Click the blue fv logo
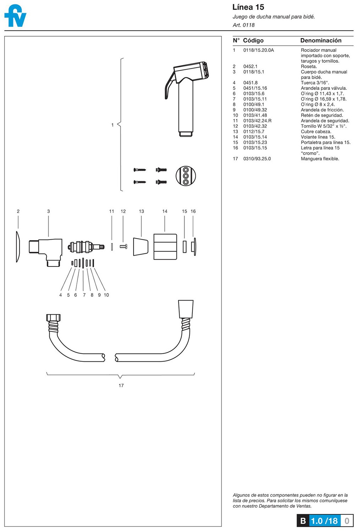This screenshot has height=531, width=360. [x=15, y=16]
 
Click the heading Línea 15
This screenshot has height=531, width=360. [x=248, y=7]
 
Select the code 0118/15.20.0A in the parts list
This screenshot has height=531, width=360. [x=258, y=50]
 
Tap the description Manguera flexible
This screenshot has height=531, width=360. [x=320, y=159]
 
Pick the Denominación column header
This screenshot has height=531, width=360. [x=321, y=40]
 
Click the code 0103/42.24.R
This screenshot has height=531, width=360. [x=257, y=121]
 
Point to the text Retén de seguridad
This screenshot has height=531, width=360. [x=322, y=115]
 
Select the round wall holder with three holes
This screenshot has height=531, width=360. [x=186, y=176]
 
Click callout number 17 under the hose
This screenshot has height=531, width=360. [x=121, y=386]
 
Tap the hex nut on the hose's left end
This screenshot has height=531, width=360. [x=53, y=318]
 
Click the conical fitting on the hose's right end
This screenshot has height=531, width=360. [x=186, y=309]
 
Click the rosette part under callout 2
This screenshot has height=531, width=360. [x=18, y=247]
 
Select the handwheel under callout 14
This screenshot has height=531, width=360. [x=165, y=247]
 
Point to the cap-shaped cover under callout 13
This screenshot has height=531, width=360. [x=140, y=247]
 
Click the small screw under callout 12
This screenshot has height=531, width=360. [x=123, y=246]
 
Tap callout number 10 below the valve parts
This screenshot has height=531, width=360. [x=106, y=295]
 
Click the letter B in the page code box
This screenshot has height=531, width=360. [x=303, y=521]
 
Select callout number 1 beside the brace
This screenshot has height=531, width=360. [x=112, y=125]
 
